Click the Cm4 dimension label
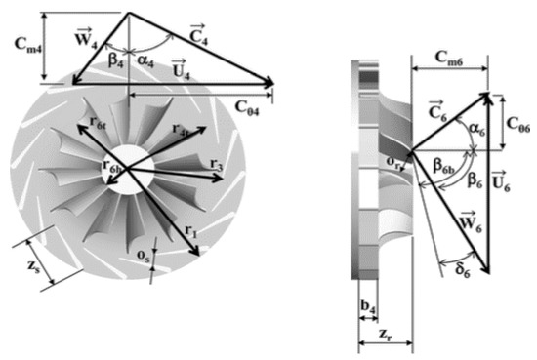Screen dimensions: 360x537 pos(25,45)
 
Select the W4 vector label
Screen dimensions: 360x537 pos(85,42)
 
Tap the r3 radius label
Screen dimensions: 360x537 pos(215,169)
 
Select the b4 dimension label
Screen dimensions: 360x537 pos(367,309)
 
